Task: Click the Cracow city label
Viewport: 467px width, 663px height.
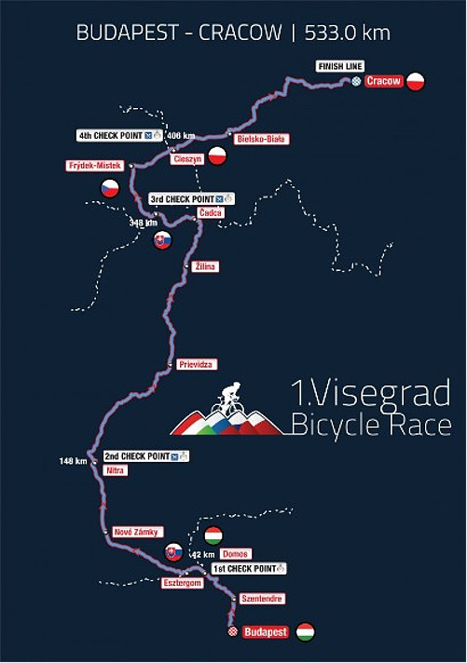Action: [x=383, y=82]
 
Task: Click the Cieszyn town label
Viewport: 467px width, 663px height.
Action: [x=187, y=159]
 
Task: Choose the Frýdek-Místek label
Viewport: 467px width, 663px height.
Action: [x=94, y=166]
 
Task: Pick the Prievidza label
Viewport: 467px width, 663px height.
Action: [x=197, y=364]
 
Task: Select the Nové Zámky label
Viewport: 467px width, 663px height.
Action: [x=135, y=532]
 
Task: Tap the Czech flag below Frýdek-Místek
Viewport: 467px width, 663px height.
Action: [x=110, y=187]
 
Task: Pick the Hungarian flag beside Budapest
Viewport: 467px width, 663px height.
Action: [x=305, y=631]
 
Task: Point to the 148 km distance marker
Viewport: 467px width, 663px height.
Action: [x=73, y=461]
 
